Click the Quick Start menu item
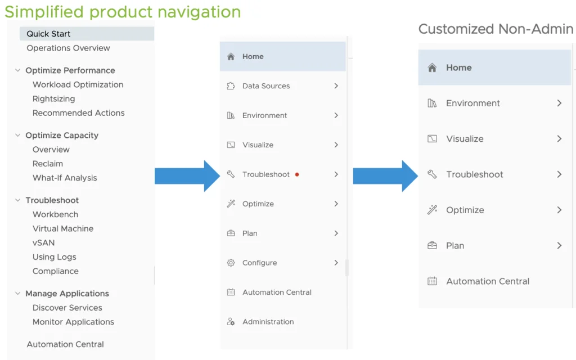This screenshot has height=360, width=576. pos(48,34)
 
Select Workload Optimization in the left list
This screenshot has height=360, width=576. pos(78,84)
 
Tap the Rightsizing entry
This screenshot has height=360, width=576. pos(53,99)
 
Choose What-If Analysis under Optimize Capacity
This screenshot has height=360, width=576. pos(65,178)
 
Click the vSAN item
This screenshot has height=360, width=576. pos(43,243)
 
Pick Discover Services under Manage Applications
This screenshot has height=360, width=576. pos(67,308)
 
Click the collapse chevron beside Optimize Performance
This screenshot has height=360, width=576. pos(17,70)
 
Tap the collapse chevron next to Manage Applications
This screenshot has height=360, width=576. pos(17,293)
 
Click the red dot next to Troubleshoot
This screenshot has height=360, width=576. pos(297,174)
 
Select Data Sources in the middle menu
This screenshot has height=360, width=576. pos(266,86)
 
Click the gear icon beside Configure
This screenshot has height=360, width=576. pos(231,263)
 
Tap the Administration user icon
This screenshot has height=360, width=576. pos(231,322)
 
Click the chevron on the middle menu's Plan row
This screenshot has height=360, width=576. pos(336,233)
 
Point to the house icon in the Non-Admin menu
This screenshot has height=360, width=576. pos(432,67)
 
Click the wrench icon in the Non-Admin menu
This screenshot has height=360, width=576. pos(432,174)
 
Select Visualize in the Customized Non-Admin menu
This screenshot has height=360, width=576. pos(465,139)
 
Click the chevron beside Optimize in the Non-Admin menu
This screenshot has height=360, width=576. pos(559,210)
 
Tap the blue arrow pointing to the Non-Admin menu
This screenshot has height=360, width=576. pos(385,176)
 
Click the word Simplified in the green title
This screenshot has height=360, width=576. pos(44,12)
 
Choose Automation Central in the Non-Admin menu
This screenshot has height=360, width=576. pos(488,281)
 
